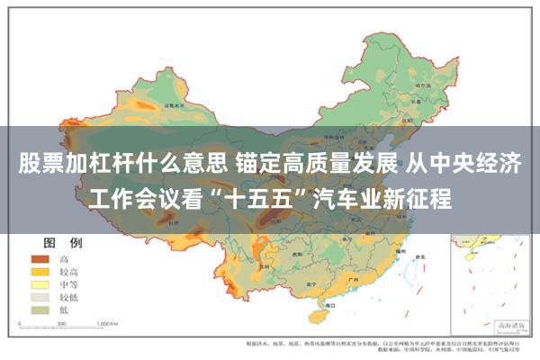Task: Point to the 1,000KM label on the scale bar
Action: [x=108, y=321]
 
